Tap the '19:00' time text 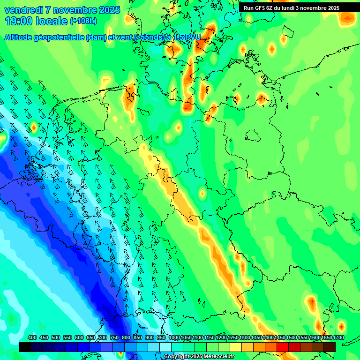18,21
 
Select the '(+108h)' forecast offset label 83,21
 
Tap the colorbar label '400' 32,338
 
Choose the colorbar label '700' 103,338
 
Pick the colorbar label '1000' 173,338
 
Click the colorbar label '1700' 326,338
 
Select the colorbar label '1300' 244,338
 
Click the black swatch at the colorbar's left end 25,347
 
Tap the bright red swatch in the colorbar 283,347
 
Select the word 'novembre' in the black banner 314,8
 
